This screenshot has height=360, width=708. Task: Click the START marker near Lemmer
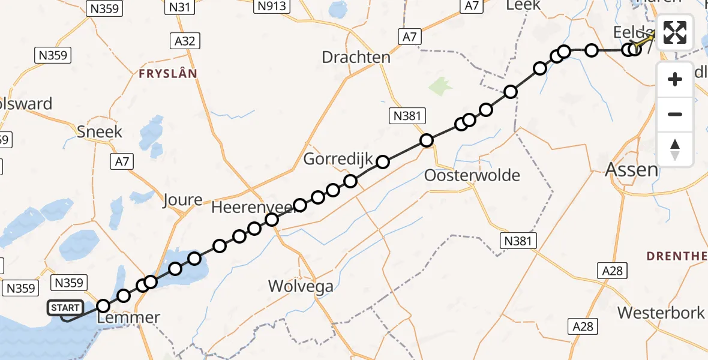point(65,308)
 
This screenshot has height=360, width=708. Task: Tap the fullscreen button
point(675,32)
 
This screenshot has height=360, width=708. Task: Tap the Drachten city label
point(356,58)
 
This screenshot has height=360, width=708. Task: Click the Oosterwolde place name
point(472,176)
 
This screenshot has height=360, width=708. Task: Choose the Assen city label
point(632,170)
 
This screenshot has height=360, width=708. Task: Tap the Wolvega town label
point(301,286)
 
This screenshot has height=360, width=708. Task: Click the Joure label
point(182,200)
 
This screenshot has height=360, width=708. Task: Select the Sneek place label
point(100,131)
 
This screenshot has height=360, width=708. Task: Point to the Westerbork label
point(661,313)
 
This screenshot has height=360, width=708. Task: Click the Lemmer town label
point(130,318)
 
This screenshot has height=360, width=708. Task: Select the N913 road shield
point(271,7)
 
